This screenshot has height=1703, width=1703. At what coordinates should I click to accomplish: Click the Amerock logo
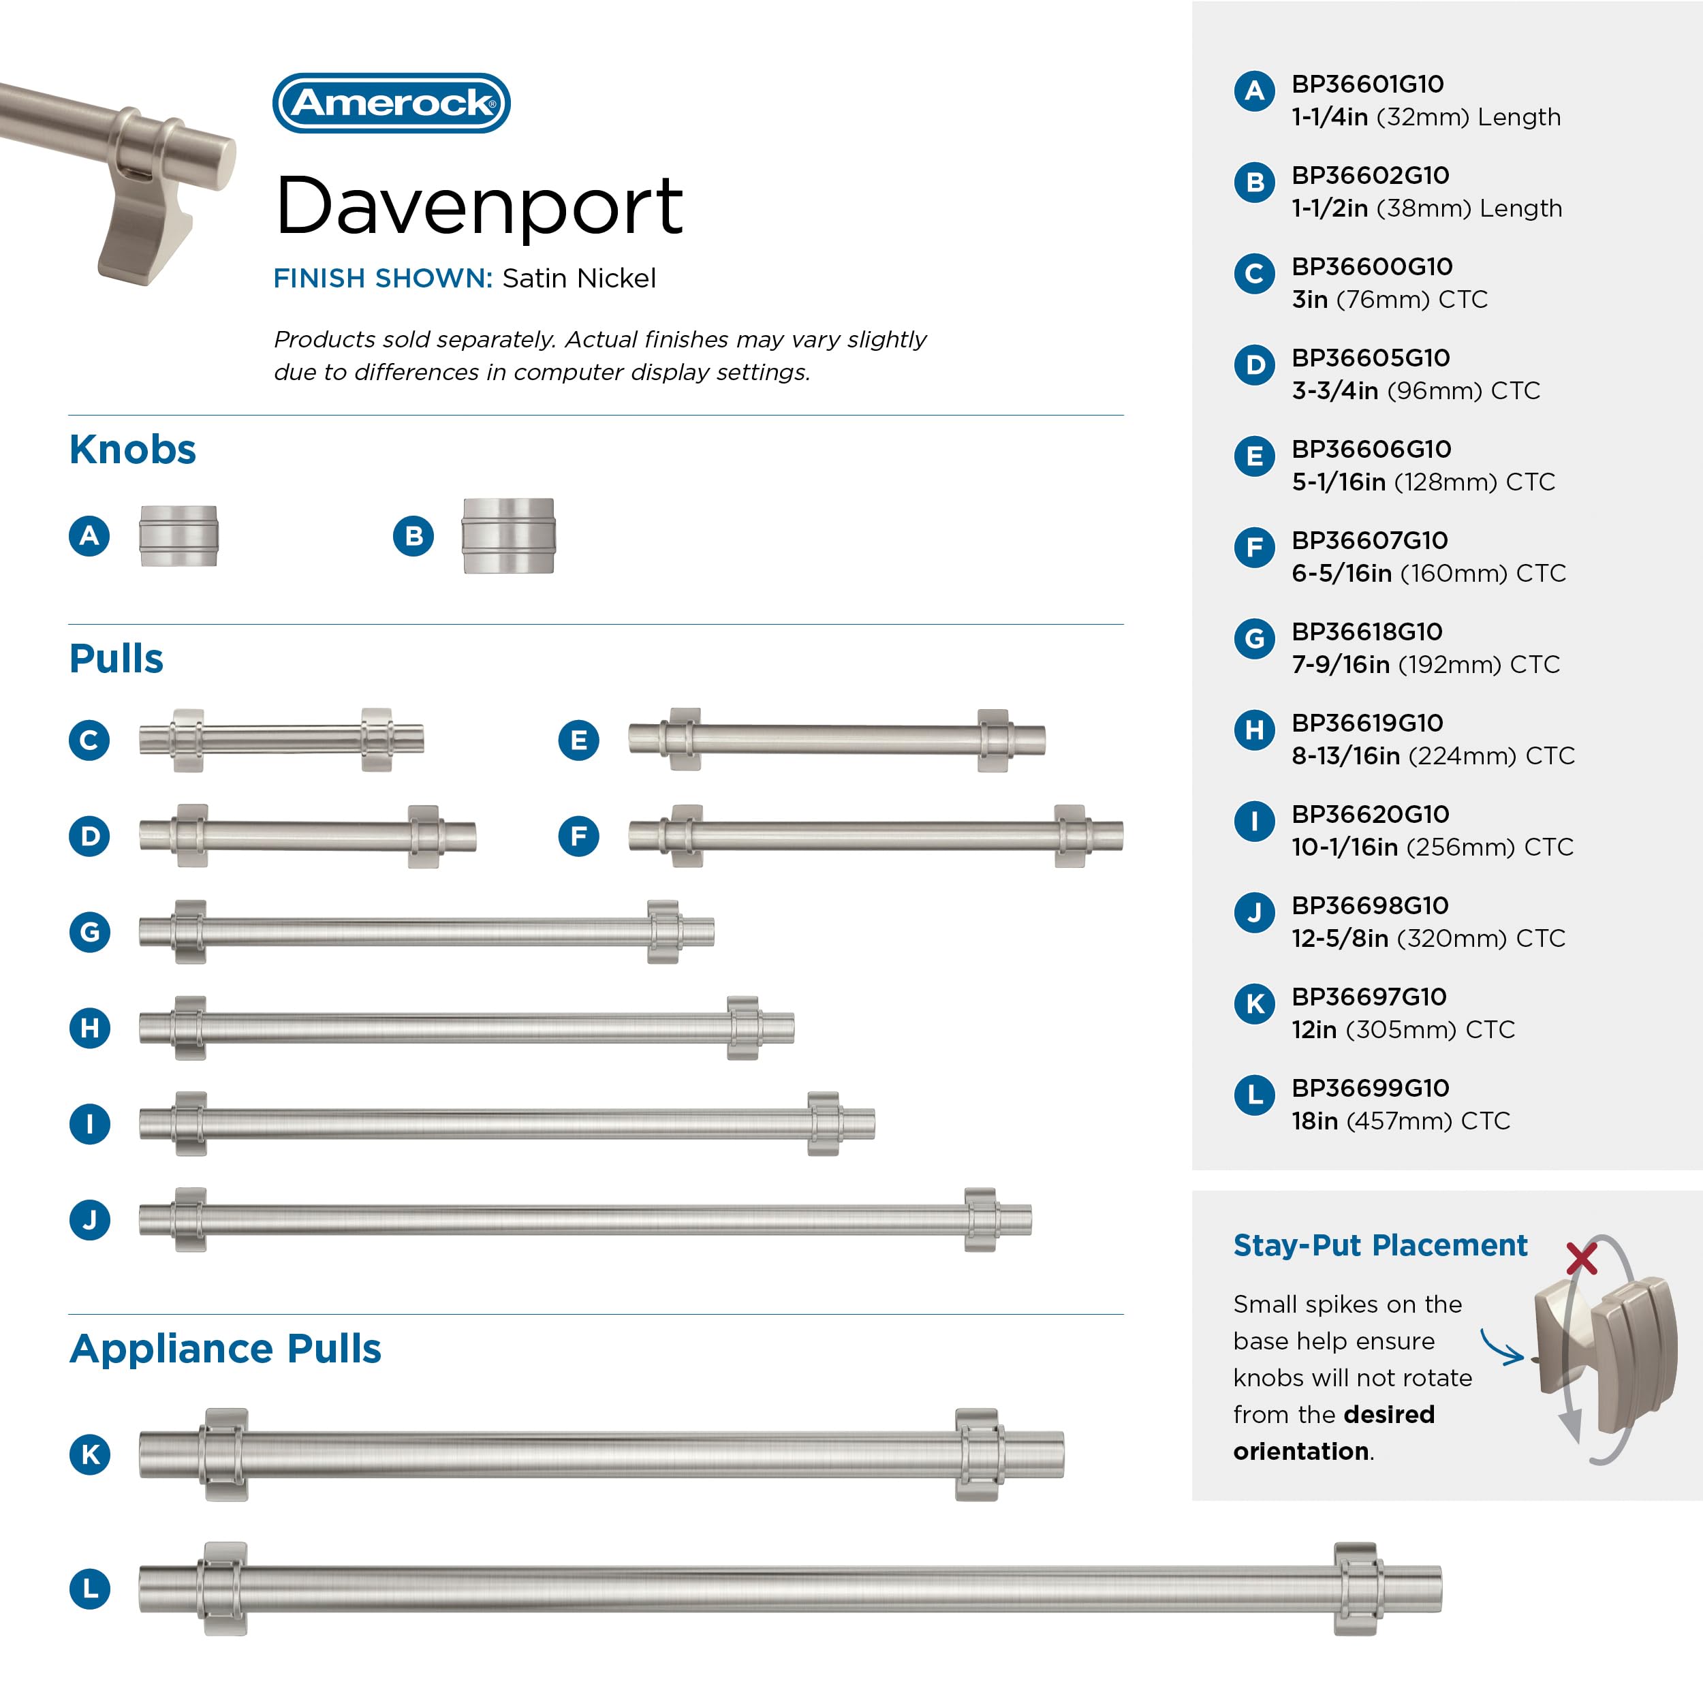392,103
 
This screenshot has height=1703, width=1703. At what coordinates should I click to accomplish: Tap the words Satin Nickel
578,279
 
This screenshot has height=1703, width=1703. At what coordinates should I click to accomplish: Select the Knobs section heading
132,450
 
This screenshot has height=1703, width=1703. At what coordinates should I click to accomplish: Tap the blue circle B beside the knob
413,536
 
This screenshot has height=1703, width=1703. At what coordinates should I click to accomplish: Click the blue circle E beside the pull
578,740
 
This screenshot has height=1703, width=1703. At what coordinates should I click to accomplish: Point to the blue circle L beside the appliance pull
90,1589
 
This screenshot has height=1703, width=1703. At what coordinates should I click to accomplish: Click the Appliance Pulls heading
225,1349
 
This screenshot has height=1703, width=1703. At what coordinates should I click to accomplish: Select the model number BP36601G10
1367,84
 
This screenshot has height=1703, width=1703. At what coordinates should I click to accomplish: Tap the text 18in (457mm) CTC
1401,1121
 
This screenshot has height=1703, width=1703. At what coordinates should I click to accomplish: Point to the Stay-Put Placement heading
1379,1245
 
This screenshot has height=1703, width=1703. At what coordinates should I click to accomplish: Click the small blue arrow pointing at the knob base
1502,1347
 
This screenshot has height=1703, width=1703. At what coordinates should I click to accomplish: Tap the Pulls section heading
116,659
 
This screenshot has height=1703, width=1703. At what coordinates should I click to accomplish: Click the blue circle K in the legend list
1254,1004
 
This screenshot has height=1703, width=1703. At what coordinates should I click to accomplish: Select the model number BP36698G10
1370,906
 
